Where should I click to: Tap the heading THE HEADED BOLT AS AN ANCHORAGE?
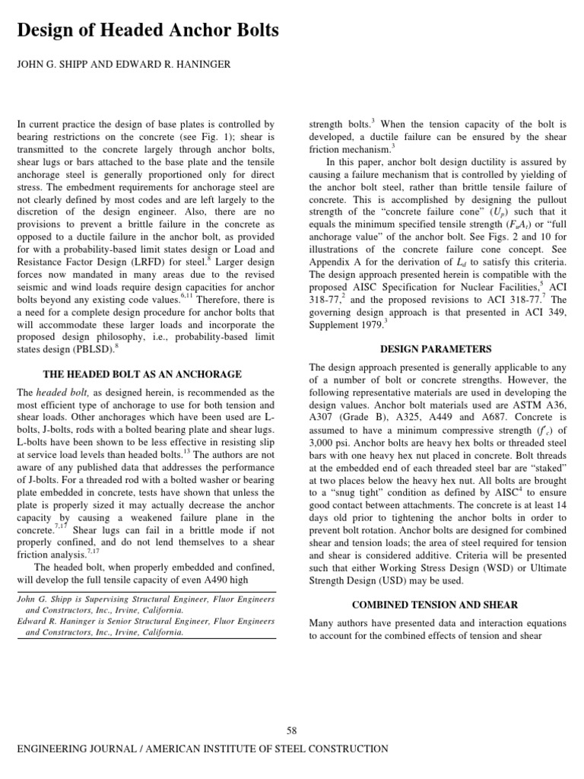(142, 374)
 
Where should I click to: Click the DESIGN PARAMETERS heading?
(436, 349)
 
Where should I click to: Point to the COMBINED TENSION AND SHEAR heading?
(435, 605)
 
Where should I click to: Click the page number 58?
(291, 730)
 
